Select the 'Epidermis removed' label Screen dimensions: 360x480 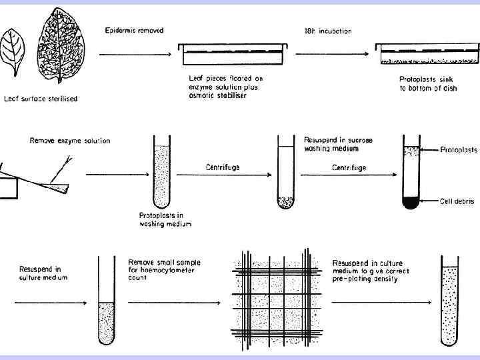[x=134, y=31]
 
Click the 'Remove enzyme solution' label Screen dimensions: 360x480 [x=70, y=141]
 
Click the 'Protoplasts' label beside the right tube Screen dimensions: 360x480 [x=459, y=150]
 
